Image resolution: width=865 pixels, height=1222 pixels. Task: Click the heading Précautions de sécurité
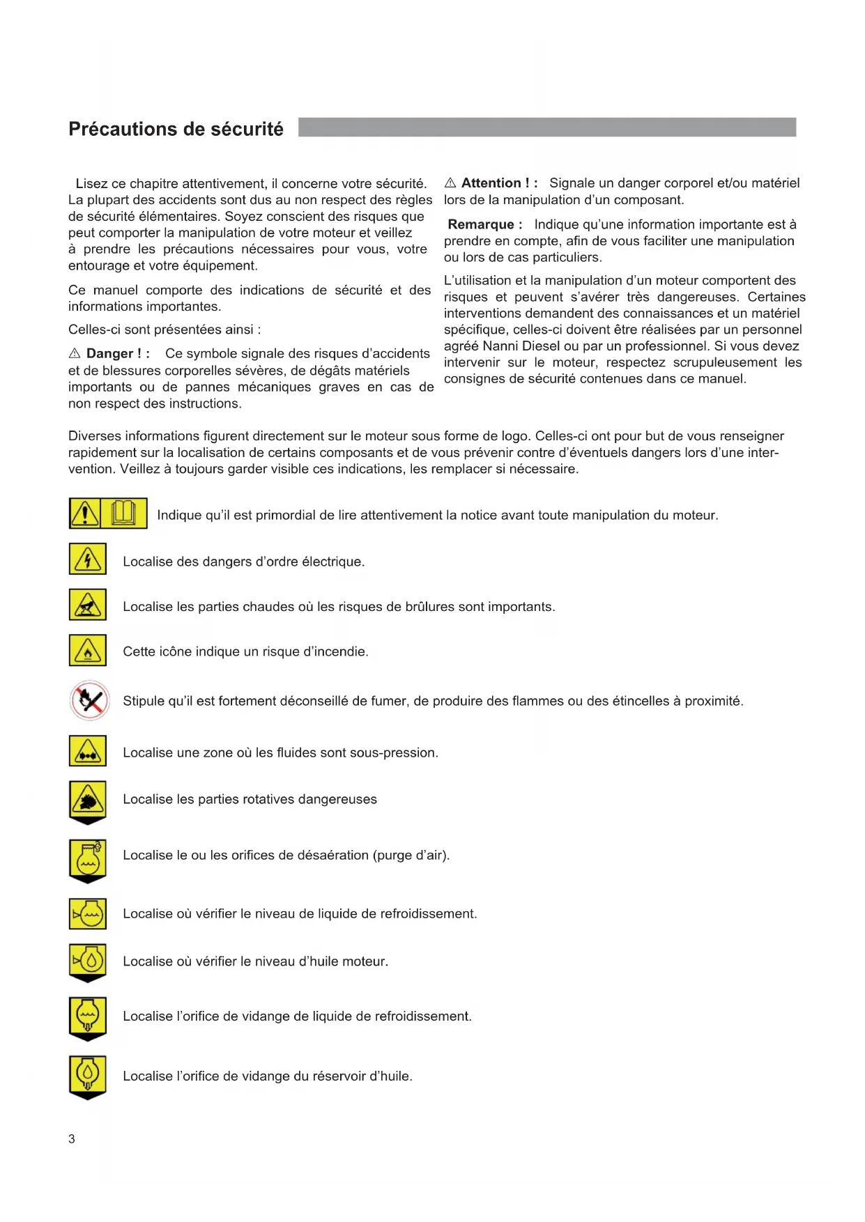point(176,130)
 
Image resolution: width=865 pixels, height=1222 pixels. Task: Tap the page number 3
point(72,1139)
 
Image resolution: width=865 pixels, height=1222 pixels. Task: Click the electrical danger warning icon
point(88,559)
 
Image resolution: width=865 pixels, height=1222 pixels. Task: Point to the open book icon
point(124,513)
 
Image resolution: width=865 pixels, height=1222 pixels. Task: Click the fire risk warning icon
point(88,651)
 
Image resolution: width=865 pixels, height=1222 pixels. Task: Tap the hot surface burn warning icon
point(88,605)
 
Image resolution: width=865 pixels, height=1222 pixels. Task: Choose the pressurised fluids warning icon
point(88,752)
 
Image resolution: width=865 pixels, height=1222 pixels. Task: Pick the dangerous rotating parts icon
point(88,800)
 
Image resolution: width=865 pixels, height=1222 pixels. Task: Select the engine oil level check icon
point(88,961)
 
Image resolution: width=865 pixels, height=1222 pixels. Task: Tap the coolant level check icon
point(88,913)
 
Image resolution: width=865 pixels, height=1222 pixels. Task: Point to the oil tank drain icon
point(88,1076)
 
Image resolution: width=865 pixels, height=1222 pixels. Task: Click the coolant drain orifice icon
point(88,1017)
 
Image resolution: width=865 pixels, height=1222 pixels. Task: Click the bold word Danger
point(109,354)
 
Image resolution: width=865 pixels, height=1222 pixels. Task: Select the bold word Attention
point(491,183)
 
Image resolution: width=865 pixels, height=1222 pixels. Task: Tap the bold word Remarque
point(481,224)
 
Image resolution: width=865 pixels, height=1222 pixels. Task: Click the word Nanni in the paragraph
point(500,346)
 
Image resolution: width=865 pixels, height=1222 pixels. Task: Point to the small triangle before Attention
point(450,183)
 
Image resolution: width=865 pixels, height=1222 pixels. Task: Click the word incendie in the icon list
point(338,651)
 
